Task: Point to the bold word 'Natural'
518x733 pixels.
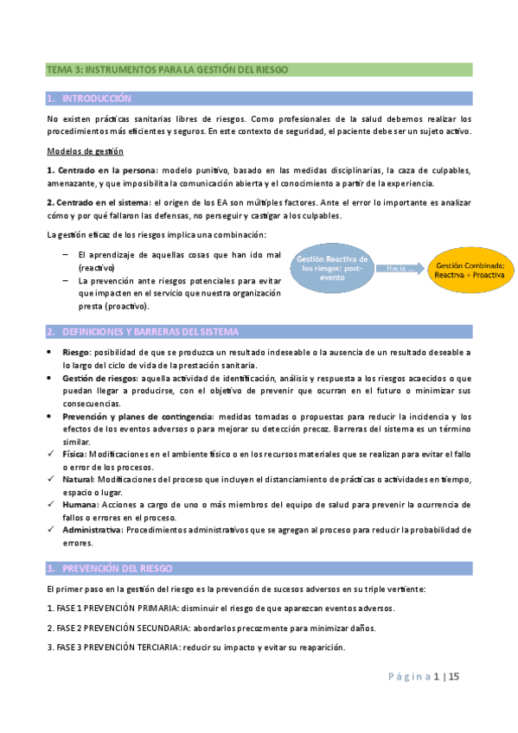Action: tap(80, 479)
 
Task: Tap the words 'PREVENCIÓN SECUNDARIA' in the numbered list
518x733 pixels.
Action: tap(132, 628)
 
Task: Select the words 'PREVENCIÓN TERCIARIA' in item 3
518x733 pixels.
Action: tap(130, 648)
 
